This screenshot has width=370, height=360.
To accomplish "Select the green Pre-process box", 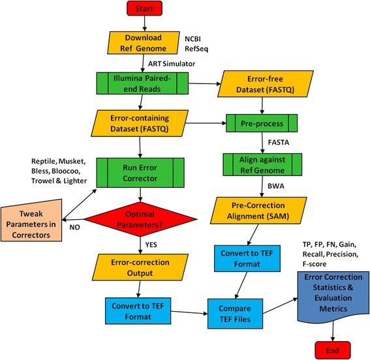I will pos(261,123).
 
